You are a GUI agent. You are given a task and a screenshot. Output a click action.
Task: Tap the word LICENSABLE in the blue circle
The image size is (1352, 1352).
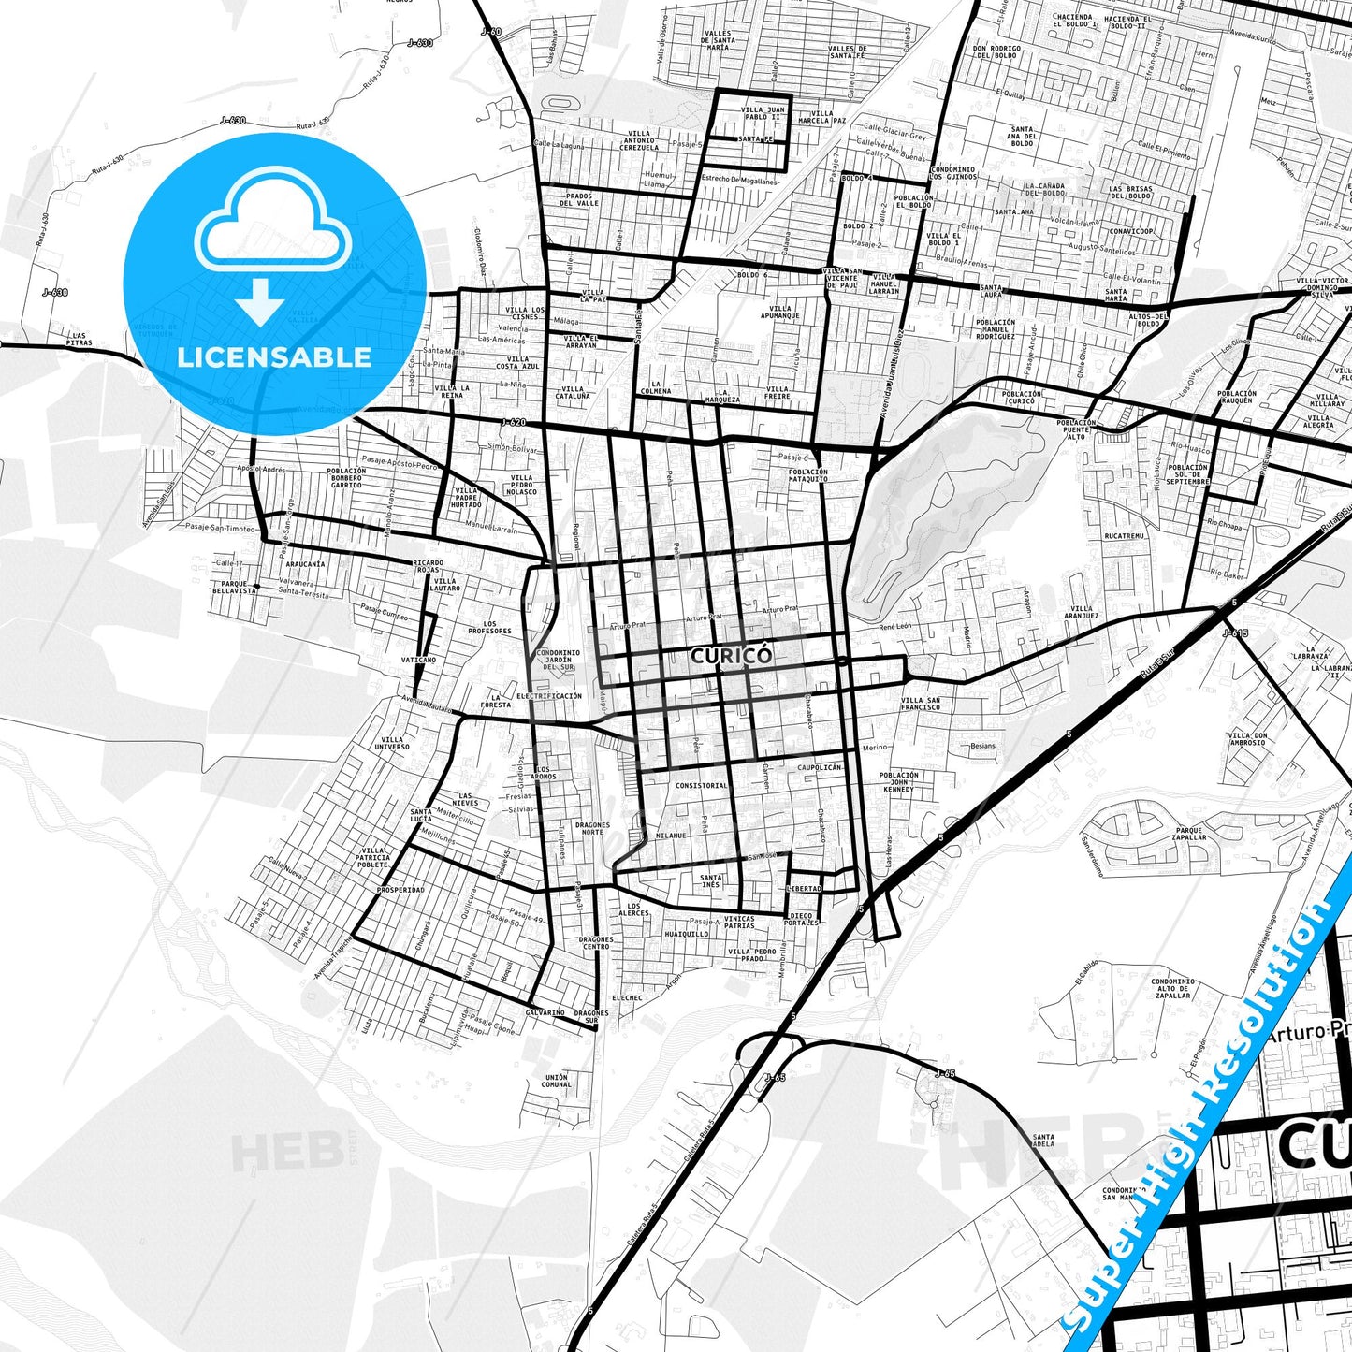click(274, 356)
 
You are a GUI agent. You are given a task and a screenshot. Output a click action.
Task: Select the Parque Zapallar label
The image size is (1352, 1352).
click(1190, 834)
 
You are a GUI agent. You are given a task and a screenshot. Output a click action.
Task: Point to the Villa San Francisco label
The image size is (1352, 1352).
click(921, 704)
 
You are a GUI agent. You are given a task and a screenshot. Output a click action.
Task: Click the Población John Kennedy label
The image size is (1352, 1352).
click(899, 782)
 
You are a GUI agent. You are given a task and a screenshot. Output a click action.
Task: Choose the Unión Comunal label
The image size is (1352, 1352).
click(555, 1081)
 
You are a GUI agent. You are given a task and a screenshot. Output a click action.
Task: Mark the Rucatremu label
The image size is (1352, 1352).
click(1124, 536)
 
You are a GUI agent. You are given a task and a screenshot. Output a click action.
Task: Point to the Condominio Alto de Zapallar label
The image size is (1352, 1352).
click(1173, 989)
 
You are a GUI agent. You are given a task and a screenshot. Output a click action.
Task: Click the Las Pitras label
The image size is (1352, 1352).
click(80, 340)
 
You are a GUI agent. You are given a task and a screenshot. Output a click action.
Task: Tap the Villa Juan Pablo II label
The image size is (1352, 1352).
click(763, 113)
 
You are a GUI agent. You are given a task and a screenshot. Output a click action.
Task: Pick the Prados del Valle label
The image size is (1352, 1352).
click(579, 199)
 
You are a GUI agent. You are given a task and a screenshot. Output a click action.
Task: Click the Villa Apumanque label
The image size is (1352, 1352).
click(779, 312)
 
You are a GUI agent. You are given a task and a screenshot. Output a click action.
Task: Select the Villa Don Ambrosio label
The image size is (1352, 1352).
click(1247, 739)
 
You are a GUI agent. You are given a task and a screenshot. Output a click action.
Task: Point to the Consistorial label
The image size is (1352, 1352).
click(701, 785)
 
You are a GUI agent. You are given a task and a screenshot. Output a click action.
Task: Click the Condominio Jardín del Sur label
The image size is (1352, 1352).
click(559, 660)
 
